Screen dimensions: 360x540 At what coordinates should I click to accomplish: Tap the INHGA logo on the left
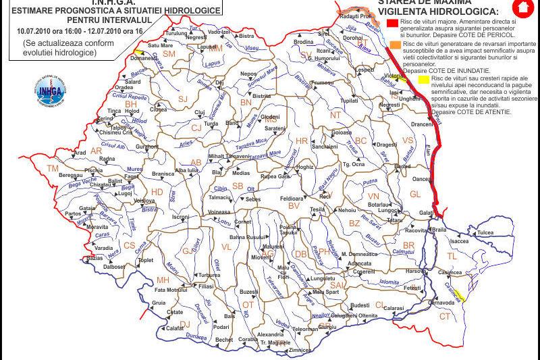(47, 93)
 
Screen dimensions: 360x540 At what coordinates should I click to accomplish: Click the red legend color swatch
(393, 23)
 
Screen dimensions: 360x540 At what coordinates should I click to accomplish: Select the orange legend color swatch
(393, 44)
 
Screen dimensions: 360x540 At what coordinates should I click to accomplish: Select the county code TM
(53, 168)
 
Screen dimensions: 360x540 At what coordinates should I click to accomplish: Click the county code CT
(444, 316)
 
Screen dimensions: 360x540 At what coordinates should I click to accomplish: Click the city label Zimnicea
(299, 350)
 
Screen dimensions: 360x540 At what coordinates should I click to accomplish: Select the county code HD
(156, 192)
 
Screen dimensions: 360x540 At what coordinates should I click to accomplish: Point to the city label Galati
(426, 213)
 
